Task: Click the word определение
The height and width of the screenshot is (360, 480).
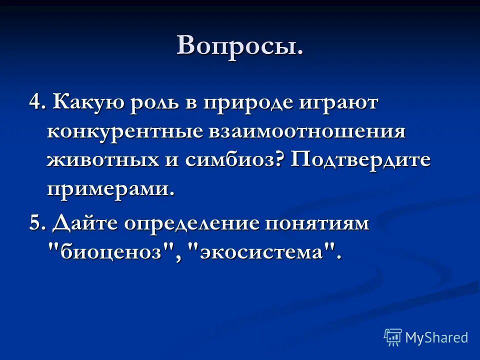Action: pyautogui.click(x=198, y=223)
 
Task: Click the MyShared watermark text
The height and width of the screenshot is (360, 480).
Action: pyautogui.click(x=436, y=337)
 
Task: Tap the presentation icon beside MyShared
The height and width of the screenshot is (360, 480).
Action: pyautogui.click(x=393, y=337)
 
